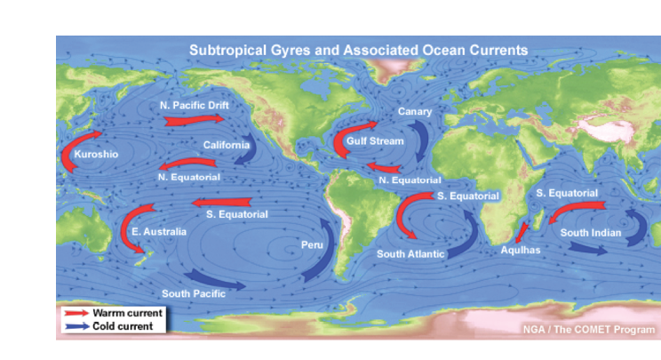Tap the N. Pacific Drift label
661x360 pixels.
click(195, 105)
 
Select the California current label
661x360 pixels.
click(227, 145)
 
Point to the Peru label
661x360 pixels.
click(311, 243)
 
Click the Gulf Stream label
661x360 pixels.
click(374, 141)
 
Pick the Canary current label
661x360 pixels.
click(414, 111)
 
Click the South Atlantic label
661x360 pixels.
click(410, 254)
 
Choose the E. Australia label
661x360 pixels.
click(159, 232)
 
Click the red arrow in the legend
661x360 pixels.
click(76, 313)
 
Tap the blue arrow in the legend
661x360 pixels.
click(76, 326)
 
